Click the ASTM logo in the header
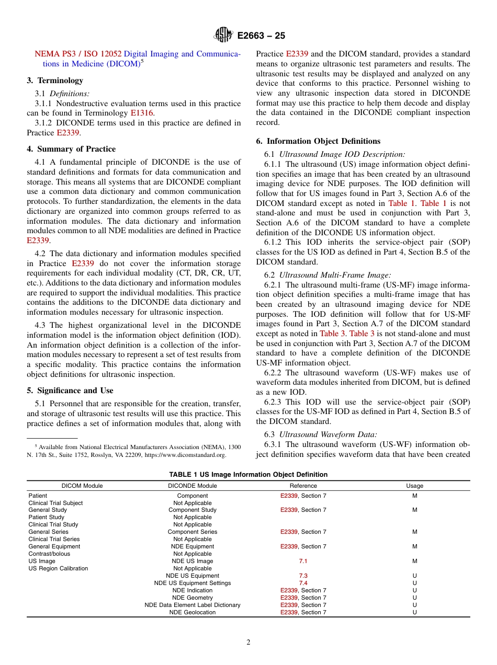pyautogui.click(x=224, y=36)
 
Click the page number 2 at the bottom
pyautogui.click(x=249, y=643)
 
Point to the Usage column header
pyautogui.click(x=414, y=486)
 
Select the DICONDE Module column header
pyautogui.click(x=193, y=486)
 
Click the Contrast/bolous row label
pyautogui.click(x=49, y=554)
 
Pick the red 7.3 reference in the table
pyautogui.click(x=303, y=576)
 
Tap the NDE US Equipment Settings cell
pyautogui.click(x=193, y=583)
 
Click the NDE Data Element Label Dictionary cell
pyautogui.click(x=193, y=605)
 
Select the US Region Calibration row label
pyautogui.click(x=58, y=568)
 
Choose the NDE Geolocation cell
pyautogui.click(x=193, y=612)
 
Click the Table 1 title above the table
pyautogui.click(x=248, y=475)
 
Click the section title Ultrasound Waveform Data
pyautogui.click(x=327, y=434)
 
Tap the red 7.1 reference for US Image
pyautogui.click(x=303, y=561)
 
